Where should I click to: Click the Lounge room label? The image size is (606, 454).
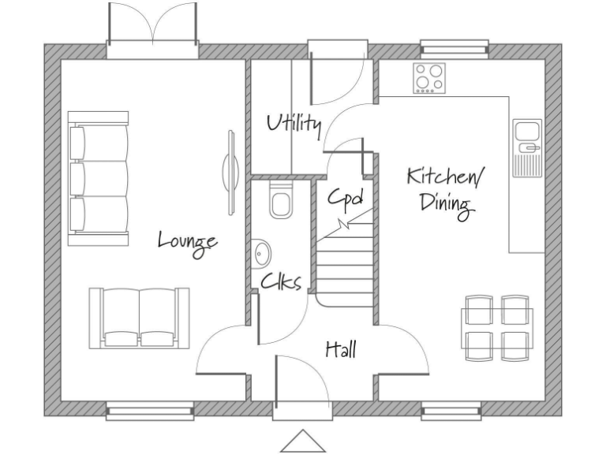187,240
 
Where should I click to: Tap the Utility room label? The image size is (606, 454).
294,124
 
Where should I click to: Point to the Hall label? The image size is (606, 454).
341,348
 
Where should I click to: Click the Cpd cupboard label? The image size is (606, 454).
346,197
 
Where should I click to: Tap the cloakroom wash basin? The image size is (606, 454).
263,254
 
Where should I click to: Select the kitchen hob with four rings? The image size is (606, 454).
430,78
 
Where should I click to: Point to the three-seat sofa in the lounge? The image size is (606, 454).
99,179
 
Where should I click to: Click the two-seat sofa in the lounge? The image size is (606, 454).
140,317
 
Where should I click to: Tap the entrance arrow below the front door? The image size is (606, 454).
302,441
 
